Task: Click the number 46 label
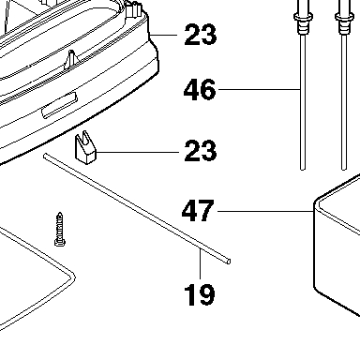pyautogui.click(x=200, y=90)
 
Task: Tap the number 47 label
pyautogui.click(x=198, y=211)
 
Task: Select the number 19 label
pyautogui.click(x=200, y=294)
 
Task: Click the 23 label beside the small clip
pyautogui.click(x=201, y=151)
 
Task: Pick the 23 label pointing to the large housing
pyautogui.click(x=201, y=35)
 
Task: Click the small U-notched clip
pyautogui.click(x=85, y=147)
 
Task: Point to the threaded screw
pyautogui.click(x=60, y=229)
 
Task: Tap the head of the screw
pyautogui.click(x=60, y=242)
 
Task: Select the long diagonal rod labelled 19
pyautogui.click(x=137, y=209)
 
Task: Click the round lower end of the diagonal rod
pyautogui.click(x=229, y=262)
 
